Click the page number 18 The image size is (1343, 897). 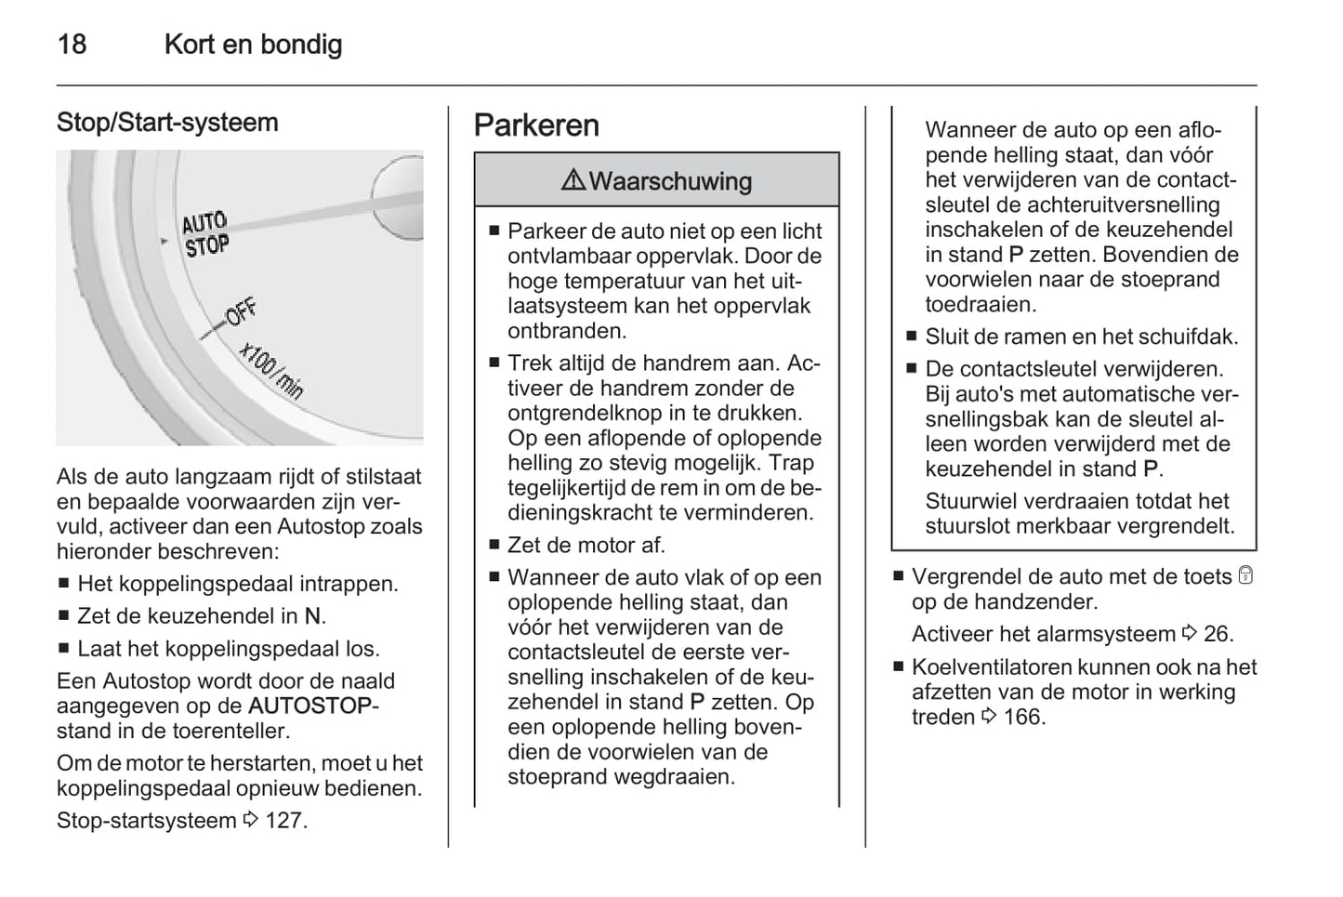pyautogui.click(x=72, y=44)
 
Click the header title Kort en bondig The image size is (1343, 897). pyautogui.click(x=253, y=44)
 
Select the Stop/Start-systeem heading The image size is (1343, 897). pyautogui.click(x=167, y=122)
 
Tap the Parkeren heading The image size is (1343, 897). pyautogui.click(x=536, y=125)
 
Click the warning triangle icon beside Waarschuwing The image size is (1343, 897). pyautogui.click(x=573, y=179)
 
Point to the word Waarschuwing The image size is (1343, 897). pyautogui.click(x=670, y=181)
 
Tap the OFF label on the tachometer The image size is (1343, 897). pyautogui.click(x=242, y=313)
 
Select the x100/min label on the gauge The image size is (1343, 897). pyautogui.click(x=271, y=369)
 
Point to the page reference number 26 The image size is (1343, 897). pyautogui.click(x=1217, y=634)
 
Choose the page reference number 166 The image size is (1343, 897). pyautogui.click(x=1023, y=717)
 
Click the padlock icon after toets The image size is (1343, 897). pyautogui.click(x=1245, y=576)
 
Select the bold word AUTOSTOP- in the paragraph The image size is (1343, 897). pyautogui.click(x=313, y=706)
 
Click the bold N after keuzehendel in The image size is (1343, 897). pyautogui.click(x=313, y=616)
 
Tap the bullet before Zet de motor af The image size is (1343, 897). pyautogui.click(x=494, y=546)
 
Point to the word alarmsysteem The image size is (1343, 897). pyautogui.click(x=1103, y=634)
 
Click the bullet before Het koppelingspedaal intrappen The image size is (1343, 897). pyautogui.click(x=63, y=585)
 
